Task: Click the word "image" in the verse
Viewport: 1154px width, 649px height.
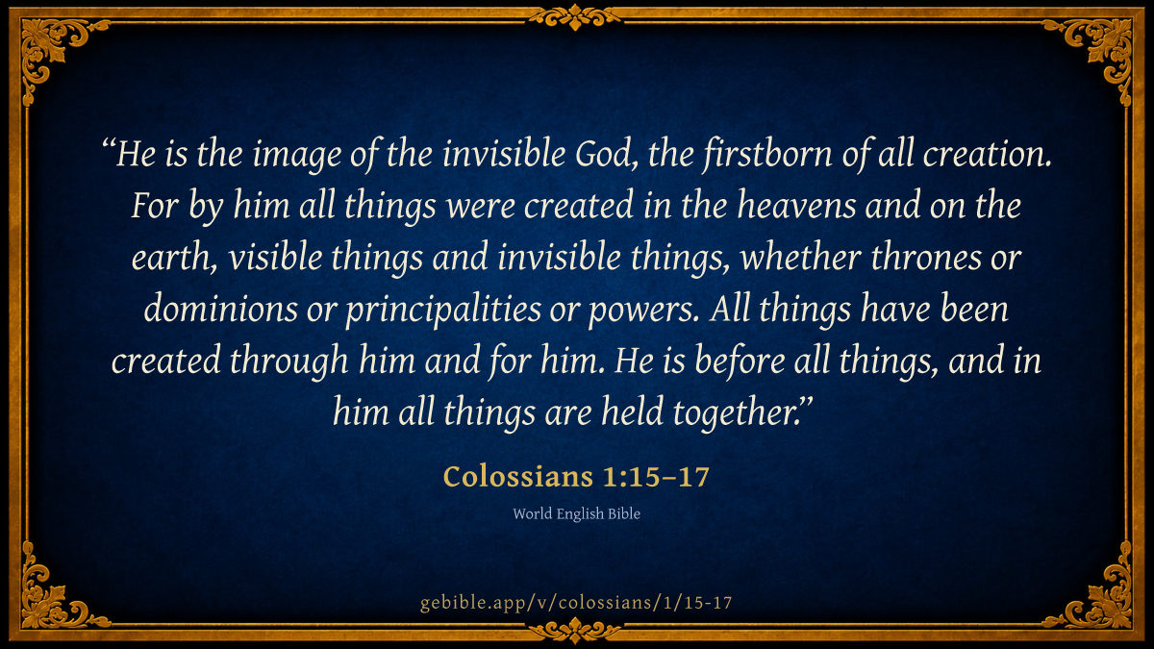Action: pyautogui.click(x=296, y=156)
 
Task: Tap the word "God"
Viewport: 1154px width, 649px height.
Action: pyautogui.click(x=605, y=154)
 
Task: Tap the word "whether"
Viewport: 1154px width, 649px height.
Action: pyautogui.click(x=800, y=257)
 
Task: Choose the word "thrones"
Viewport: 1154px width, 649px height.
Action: pyautogui.click(x=925, y=257)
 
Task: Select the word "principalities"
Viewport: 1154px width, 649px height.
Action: pyautogui.click(x=443, y=310)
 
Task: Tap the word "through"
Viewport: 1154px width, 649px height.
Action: pyautogui.click(x=289, y=362)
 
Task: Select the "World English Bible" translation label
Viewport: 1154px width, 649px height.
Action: pyautogui.click(x=576, y=514)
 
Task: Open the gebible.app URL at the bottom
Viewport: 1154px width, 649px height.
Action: pyautogui.click(x=576, y=603)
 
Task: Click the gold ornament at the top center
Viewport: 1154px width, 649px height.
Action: pyautogui.click(x=575, y=17)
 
